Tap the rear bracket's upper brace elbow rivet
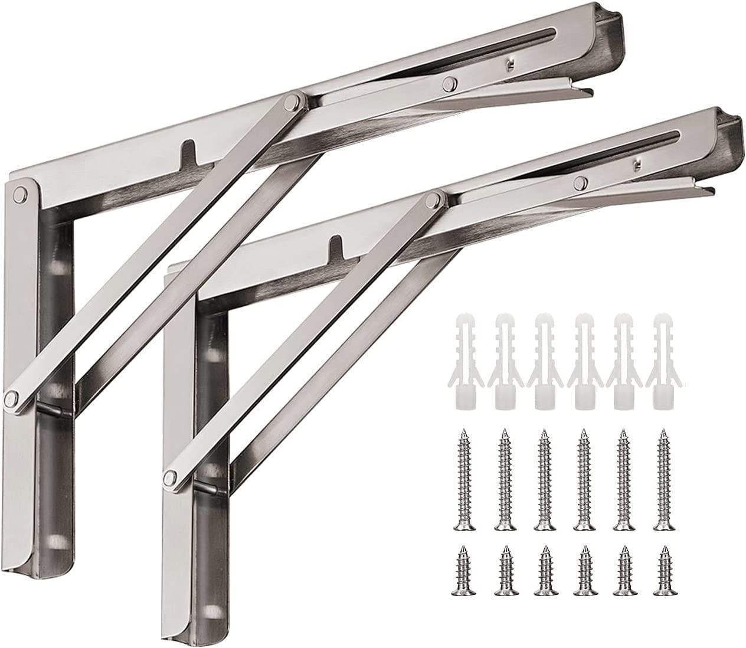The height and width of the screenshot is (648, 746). [290, 104]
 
